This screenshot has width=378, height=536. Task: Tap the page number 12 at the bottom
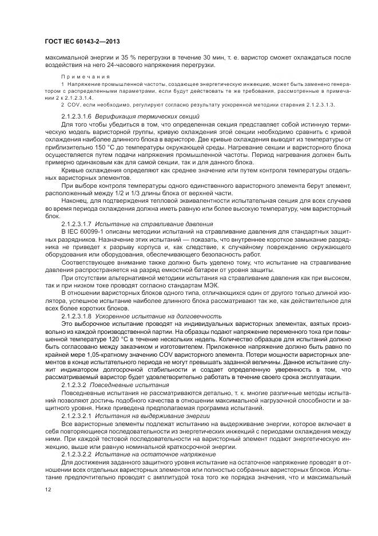tap(47, 490)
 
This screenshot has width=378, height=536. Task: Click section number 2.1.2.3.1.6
tap(76, 116)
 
